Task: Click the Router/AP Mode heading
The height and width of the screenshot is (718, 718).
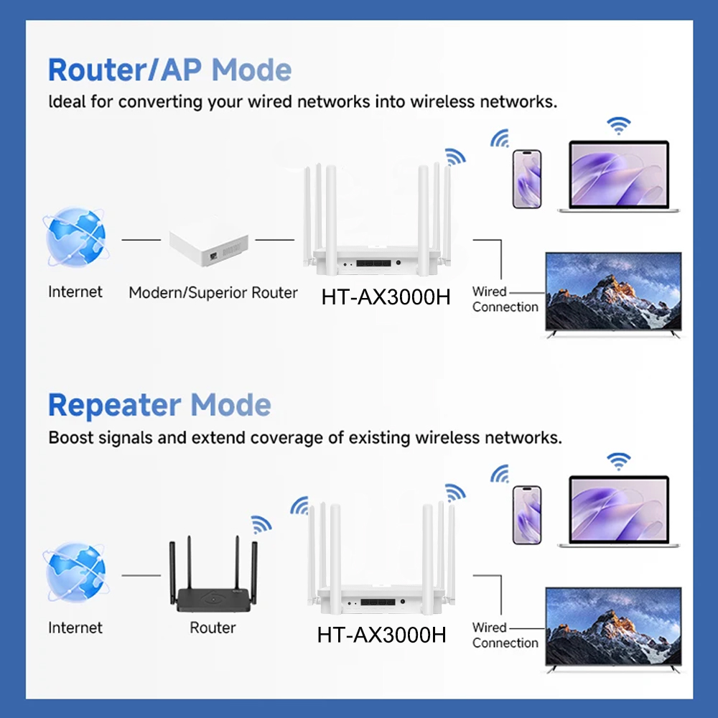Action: (x=169, y=70)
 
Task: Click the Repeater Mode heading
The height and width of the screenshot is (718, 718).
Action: (x=159, y=406)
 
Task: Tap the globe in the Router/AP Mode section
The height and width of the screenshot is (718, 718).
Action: (x=75, y=237)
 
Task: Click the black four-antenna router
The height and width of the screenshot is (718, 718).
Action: (x=213, y=582)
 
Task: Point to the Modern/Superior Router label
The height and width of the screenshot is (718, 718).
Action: (x=213, y=293)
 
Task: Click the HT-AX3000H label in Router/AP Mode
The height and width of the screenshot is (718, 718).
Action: (x=386, y=297)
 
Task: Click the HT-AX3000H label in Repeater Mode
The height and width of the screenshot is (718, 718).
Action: (x=381, y=635)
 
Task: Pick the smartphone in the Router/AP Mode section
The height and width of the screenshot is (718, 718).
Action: (x=527, y=179)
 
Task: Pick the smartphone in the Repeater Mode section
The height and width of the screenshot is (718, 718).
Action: (x=527, y=515)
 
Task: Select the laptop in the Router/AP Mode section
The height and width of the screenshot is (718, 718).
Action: (x=618, y=176)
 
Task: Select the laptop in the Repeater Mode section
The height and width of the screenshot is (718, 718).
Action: (x=618, y=511)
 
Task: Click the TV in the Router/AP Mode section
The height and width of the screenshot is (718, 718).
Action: (x=613, y=294)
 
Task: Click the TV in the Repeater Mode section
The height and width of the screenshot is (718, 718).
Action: (x=613, y=630)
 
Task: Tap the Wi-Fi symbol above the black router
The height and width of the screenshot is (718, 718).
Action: (x=261, y=523)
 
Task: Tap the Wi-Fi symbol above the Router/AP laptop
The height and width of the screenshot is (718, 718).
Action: (x=617, y=126)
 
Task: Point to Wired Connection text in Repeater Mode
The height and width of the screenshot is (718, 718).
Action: (x=505, y=635)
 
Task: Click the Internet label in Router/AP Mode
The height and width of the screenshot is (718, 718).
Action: (x=75, y=292)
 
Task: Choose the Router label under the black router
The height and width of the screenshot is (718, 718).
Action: (x=213, y=628)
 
